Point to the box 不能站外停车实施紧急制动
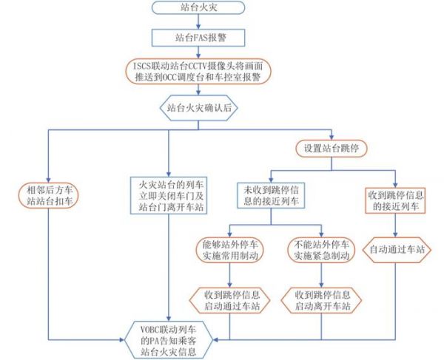[323, 250]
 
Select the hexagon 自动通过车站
[397, 250]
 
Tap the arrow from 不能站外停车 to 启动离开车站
[323, 275]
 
